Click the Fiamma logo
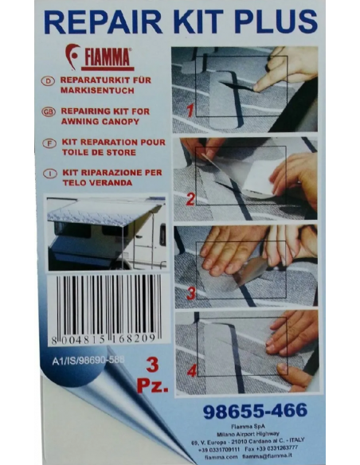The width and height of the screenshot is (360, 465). pyautogui.click(x=98, y=58)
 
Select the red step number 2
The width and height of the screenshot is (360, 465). pyautogui.click(x=190, y=200)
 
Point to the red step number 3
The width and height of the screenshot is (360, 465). pyautogui.click(x=190, y=293)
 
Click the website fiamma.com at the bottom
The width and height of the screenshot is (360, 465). pyautogui.click(x=202, y=457)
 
